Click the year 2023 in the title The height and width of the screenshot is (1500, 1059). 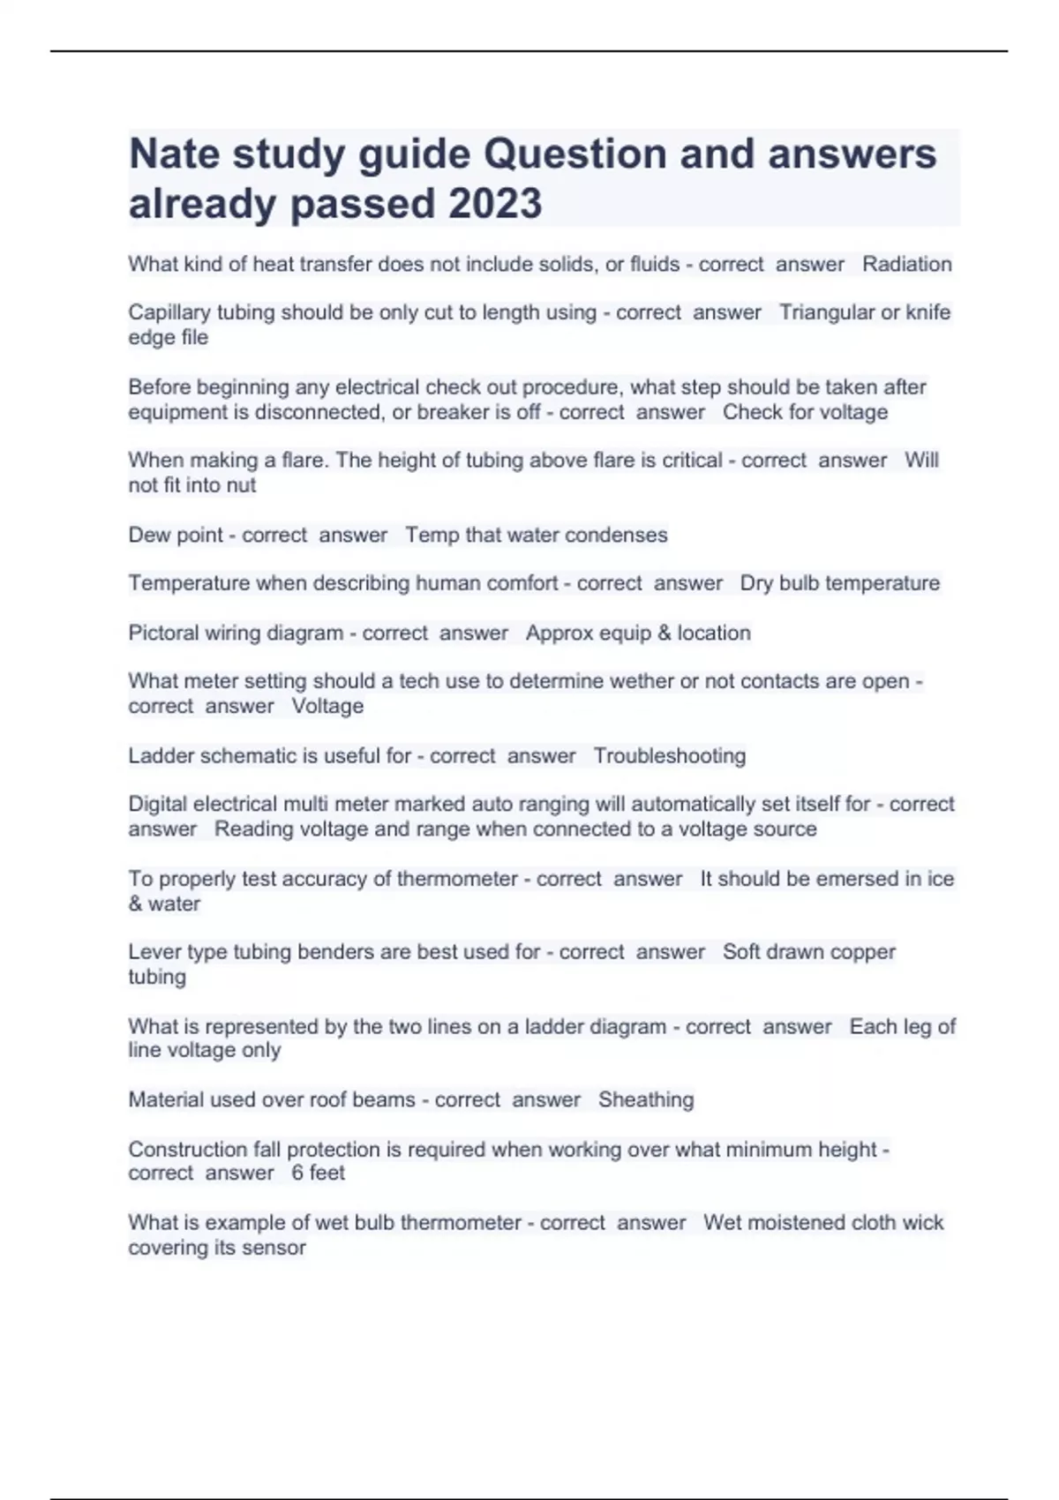495,204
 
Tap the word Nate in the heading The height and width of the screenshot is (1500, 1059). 174,154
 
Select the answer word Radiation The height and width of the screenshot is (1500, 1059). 906,264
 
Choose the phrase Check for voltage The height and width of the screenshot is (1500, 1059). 805,412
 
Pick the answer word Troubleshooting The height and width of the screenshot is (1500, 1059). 669,755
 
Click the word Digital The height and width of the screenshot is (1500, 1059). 157,804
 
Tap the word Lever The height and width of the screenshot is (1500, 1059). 151,952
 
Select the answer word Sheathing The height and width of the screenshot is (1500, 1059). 646,1099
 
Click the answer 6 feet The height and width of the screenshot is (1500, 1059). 318,1173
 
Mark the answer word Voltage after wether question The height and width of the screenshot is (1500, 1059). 327,706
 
